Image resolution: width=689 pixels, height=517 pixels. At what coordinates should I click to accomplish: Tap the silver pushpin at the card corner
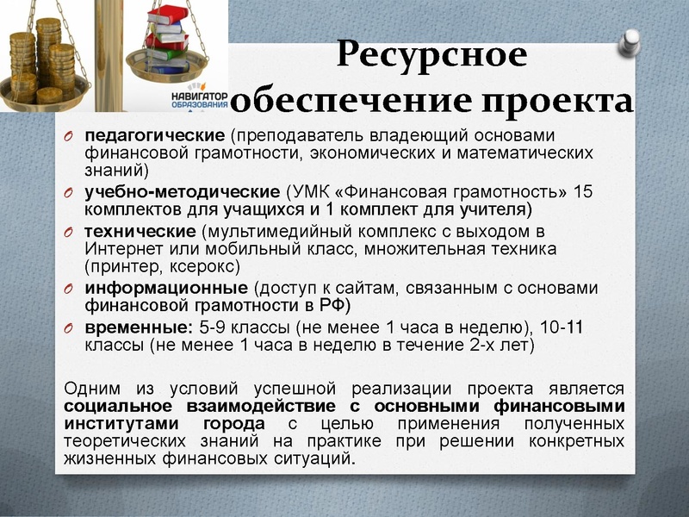631,40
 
